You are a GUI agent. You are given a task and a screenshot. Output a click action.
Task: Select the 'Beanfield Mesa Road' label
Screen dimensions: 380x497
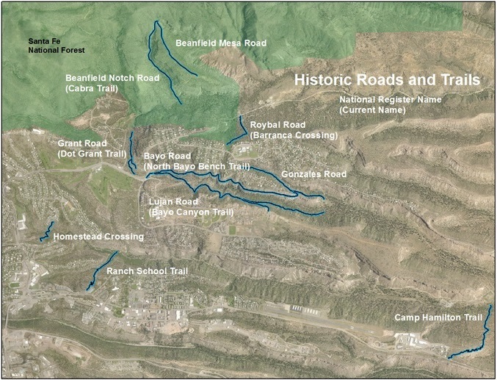click(x=220, y=43)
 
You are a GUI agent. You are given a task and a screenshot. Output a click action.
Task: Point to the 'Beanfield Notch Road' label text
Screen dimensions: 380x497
click(x=112, y=77)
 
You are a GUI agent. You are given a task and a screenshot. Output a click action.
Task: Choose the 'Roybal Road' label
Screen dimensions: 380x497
click(x=277, y=125)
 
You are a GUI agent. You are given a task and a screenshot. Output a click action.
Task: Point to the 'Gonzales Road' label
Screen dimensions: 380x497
click(x=313, y=175)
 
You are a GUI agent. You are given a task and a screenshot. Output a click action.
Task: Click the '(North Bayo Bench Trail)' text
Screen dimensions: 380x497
click(x=197, y=167)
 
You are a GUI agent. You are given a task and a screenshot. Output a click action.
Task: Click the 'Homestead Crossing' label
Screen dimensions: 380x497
click(x=98, y=237)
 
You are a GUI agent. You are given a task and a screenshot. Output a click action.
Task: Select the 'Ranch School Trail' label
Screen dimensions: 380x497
click(x=148, y=271)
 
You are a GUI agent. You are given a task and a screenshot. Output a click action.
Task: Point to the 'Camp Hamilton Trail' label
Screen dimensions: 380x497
click(x=438, y=318)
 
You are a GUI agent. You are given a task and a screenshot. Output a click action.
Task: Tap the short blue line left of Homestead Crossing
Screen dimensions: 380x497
click(x=47, y=230)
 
